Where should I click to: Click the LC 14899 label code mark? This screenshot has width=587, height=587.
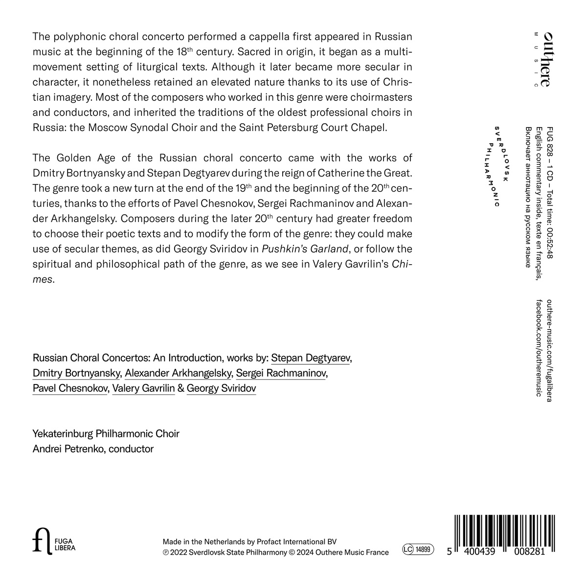pos(418,550)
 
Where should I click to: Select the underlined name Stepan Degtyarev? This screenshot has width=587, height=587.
pos(311,358)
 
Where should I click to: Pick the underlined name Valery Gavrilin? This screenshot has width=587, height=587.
pos(143,388)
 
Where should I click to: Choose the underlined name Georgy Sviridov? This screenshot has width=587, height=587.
pos(221,388)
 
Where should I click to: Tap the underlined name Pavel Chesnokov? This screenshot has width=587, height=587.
pos(69,388)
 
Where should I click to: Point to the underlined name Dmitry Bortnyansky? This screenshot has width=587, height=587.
pos(76,373)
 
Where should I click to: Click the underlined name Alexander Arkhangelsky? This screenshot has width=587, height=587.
pos(178,373)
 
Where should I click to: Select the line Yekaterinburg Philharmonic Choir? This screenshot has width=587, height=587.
pos(106,433)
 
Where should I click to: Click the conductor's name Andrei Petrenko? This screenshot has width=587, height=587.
pos(68,449)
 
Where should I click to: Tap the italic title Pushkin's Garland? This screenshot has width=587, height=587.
pos(305,249)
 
